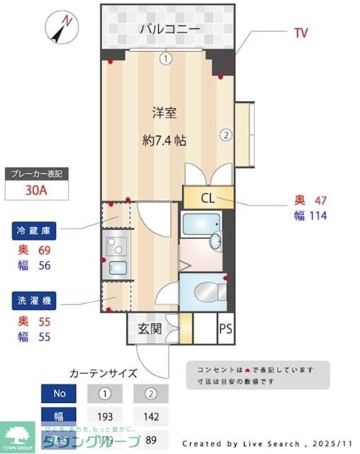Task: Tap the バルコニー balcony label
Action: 169,29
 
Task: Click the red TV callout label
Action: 300,33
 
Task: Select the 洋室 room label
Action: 164,111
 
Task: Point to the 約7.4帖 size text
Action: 164,140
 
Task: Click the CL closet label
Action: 208,198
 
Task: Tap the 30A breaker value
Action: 36,190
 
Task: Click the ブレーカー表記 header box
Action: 36,173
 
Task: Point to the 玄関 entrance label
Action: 150,328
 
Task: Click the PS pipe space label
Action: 225,328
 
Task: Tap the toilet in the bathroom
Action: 206,291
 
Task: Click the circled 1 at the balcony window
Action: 165,59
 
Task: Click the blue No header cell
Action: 60,392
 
